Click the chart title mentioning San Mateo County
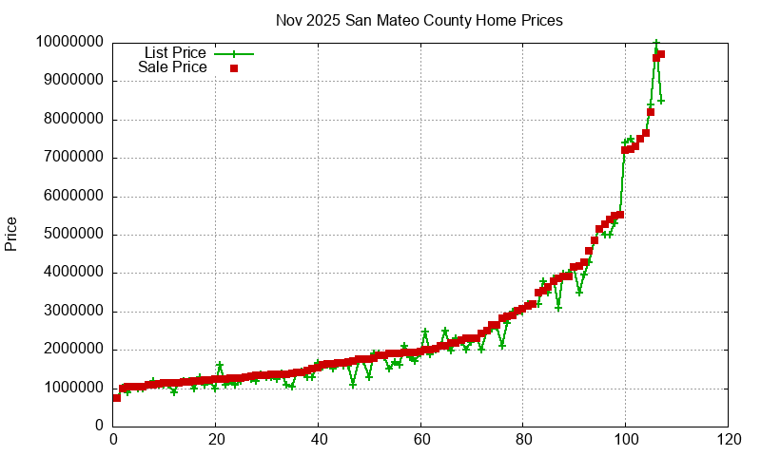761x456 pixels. (x=419, y=20)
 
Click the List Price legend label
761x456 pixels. (x=175, y=53)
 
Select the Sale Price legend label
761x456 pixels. (x=172, y=67)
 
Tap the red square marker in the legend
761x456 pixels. (x=233, y=67)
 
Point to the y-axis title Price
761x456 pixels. (x=11, y=234)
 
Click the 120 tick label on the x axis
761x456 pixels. (x=729, y=440)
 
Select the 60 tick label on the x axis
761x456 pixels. (x=420, y=440)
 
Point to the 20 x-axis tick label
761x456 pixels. (x=216, y=440)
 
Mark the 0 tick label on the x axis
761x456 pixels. (x=113, y=440)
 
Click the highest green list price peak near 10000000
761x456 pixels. (x=656, y=44)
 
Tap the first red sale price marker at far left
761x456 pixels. (x=117, y=398)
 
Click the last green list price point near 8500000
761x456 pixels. (x=661, y=101)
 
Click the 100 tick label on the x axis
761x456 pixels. (x=626, y=440)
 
